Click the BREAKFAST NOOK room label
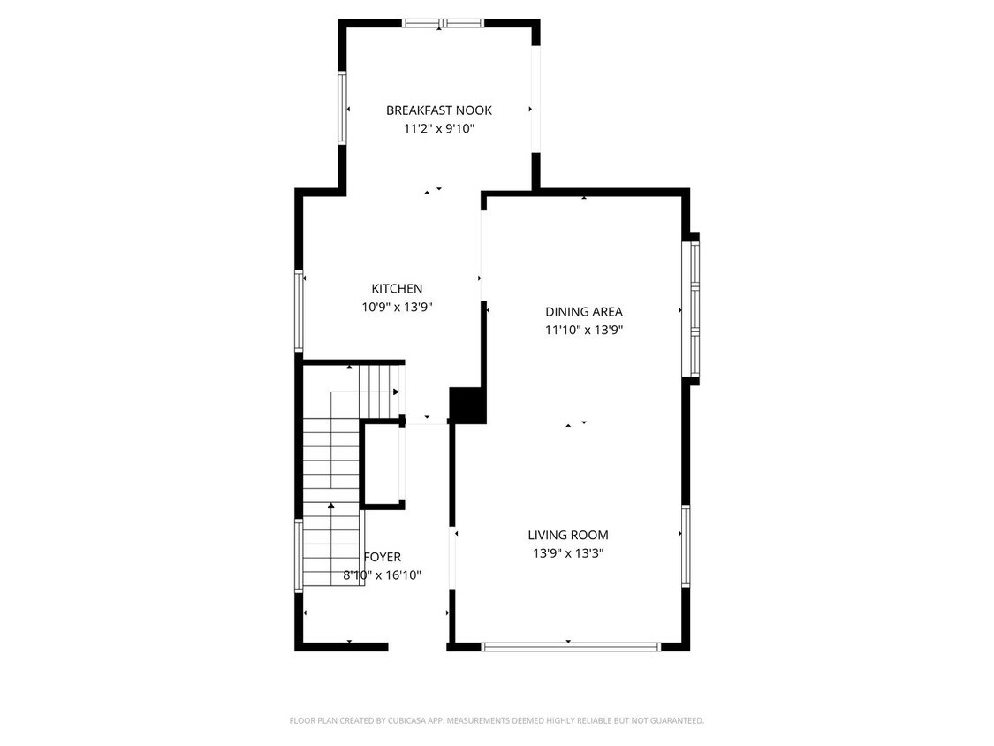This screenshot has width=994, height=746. (438, 110)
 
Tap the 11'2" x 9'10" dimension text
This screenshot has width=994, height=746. (438, 129)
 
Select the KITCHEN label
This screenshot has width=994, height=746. (397, 289)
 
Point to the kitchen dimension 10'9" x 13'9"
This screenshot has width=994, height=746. (397, 308)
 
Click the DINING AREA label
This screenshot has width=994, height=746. (583, 312)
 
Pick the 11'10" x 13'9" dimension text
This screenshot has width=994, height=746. (583, 331)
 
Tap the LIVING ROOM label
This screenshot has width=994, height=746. (568, 535)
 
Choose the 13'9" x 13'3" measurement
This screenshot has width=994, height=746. (568, 554)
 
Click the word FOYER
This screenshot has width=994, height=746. (383, 557)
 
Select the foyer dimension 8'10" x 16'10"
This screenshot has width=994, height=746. (382, 575)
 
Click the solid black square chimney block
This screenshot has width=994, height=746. (468, 405)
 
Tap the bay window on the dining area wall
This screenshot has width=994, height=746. (694, 309)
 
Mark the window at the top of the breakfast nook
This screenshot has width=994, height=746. (442, 23)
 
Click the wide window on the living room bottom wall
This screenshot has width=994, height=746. (571, 647)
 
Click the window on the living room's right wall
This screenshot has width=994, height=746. (686, 545)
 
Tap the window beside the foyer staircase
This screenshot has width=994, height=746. (299, 555)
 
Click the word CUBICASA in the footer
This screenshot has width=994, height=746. (403, 721)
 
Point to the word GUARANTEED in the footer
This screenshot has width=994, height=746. (672, 721)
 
